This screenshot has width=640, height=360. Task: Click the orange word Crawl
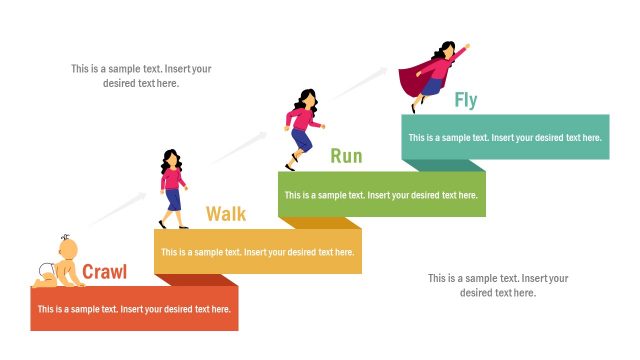104,272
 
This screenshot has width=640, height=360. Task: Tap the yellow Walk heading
226,214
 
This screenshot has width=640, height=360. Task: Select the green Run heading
346,156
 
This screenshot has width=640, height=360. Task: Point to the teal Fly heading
466,100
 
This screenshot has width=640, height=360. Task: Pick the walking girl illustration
172,188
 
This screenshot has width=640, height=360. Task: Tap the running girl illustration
302,128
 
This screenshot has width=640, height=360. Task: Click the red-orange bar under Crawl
134,309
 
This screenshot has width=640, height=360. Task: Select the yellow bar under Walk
258,252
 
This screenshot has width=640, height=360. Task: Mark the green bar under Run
381,195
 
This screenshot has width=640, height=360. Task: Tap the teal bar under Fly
505,137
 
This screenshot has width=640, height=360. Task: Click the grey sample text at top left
141,76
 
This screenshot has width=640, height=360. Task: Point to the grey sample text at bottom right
498,285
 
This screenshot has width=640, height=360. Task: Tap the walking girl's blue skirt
173,199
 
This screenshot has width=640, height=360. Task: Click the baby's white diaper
46,268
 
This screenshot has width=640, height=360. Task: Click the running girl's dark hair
306,98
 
